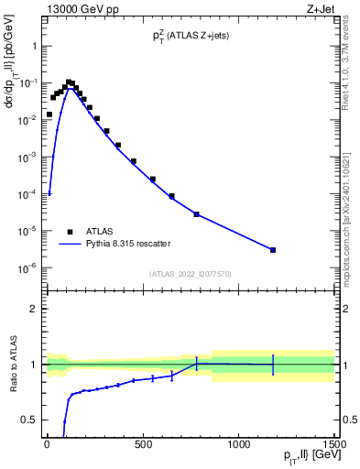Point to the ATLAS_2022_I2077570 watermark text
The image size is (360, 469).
point(190,274)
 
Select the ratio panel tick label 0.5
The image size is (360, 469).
point(29,420)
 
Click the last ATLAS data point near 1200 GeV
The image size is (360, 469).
point(273,250)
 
